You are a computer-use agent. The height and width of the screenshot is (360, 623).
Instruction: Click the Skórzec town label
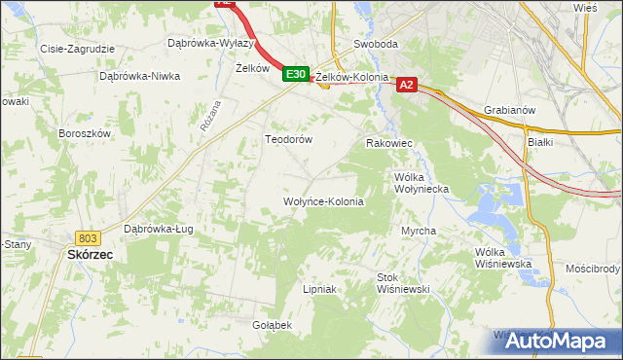coord(90,254)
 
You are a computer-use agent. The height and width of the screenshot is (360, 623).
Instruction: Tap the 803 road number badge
coord(89,237)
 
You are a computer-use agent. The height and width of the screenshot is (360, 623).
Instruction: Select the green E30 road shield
coord(297,74)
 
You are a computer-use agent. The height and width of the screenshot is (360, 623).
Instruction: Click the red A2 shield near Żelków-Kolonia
coord(408,86)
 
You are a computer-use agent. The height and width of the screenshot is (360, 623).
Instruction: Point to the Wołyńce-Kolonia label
coord(322,202)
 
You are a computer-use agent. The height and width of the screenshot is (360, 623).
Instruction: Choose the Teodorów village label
coord(289,139)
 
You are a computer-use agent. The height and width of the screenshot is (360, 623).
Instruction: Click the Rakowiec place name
coord(389,143)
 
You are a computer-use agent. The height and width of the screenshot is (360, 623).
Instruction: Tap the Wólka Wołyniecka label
coord(421,184)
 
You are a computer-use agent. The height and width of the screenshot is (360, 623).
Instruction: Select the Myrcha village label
coord(419,231)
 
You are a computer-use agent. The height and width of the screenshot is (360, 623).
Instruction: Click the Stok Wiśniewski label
coord(403,283)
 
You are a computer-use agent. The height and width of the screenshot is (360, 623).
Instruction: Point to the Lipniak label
coord(319,289)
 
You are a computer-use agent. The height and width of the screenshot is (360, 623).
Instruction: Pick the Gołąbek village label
coord(273,325)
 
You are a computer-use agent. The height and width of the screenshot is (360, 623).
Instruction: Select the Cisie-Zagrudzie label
coord(78,48)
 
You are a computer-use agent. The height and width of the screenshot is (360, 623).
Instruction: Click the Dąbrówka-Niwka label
coord(140,76)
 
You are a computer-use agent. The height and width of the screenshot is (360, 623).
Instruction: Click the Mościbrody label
coord(592,268)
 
